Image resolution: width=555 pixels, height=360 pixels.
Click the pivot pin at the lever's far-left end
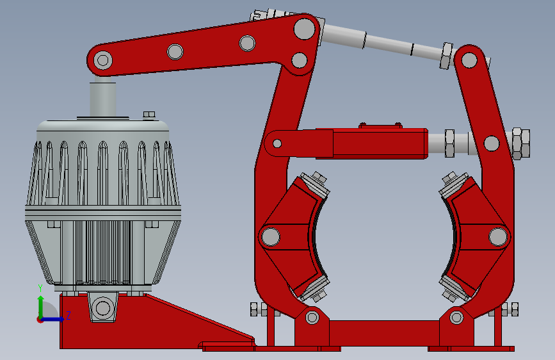click(x=102, y=60)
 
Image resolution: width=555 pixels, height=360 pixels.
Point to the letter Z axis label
click(x=68, y=315)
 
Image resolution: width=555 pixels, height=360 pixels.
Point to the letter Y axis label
click(x=40, y=288)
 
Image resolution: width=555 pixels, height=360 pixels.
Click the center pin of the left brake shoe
click(x=270, y=237)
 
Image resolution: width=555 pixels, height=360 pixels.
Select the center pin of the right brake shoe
click(x=498, y=236)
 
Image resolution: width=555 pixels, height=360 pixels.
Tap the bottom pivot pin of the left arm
click(x=312, y=317)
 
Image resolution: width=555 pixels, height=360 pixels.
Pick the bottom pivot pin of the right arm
click(x=456, y=317)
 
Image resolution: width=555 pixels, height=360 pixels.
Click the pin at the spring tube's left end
click(x=277, y=143)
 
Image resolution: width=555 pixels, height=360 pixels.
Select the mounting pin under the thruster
click(x=102, y=307)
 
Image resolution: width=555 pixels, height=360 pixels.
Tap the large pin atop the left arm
click(x=305, y=29)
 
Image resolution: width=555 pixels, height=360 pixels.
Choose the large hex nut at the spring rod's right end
click(x=520, y=143)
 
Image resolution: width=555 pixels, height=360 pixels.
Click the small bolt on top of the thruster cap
click(x=149, y=115)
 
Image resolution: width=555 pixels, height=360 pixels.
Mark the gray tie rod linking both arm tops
click(x=384, y=42)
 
